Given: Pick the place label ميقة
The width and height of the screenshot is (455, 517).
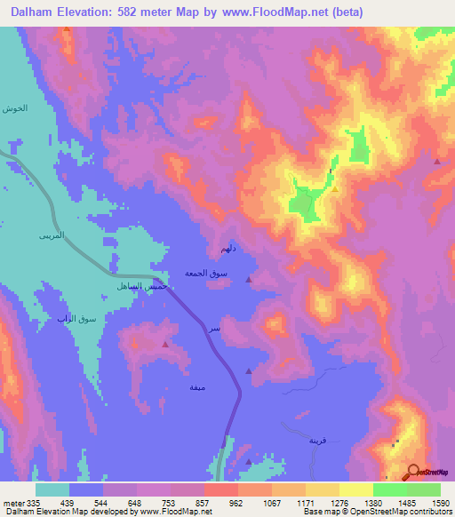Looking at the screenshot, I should click(x=198, y=388).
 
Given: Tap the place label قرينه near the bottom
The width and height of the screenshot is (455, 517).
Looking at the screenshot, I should click(x=318, y=441).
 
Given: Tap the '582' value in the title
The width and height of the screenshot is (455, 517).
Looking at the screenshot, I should click(x=130, y=11).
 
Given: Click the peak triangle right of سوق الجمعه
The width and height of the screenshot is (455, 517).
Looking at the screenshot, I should click(x=248, y=280).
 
